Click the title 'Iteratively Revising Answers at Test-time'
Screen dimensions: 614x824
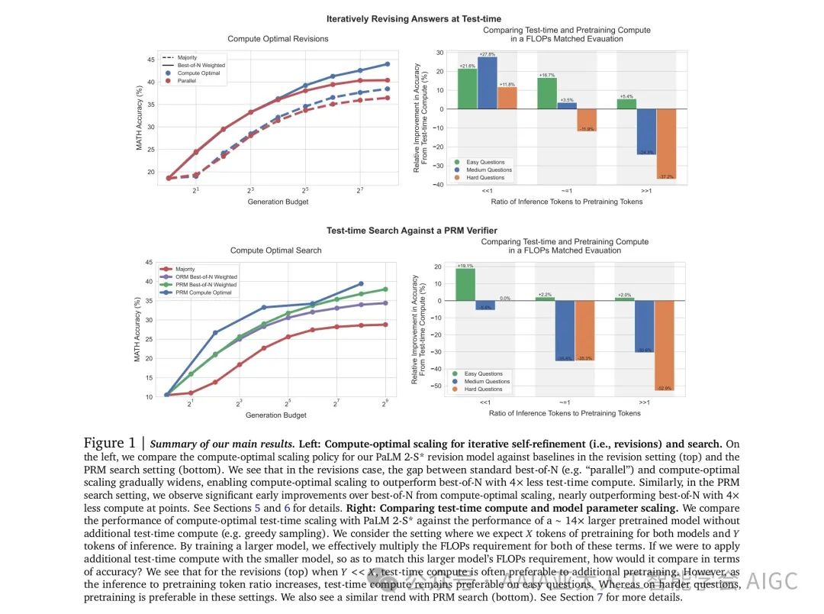[414, 18]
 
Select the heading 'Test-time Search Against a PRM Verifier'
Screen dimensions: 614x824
[413, 229]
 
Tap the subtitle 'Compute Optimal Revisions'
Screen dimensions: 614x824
[278, 39]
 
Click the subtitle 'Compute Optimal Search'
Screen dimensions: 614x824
[275, 250]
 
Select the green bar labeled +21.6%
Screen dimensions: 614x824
[467, 89]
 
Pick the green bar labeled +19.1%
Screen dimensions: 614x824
[465, 284]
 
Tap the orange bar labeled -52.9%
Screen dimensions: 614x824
[665, 345]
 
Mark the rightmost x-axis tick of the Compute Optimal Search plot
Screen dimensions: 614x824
[385, 402]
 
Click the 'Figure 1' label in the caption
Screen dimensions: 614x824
[114, 444]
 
